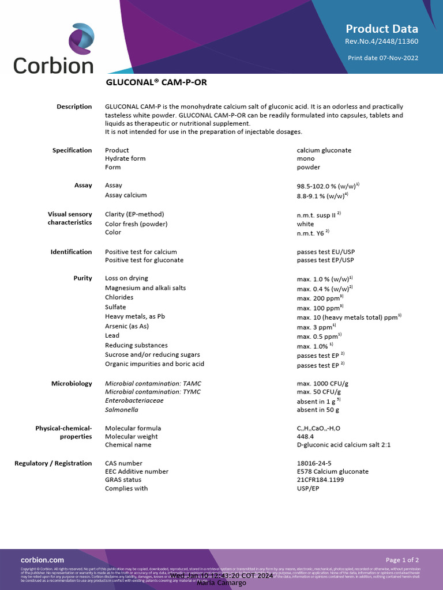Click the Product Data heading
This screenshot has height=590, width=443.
click(x=382, y=29)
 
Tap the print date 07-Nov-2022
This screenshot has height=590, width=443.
click(x=383, y=58)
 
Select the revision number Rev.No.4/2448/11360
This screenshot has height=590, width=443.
click(x=381, y=41)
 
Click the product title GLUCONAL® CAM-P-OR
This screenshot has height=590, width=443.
click(x=156, y=82)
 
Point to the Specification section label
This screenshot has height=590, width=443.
click(x=72, y=150)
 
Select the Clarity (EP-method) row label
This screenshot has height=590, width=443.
click(x=134, y=214)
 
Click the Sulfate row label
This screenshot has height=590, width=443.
click(x=115, y=307)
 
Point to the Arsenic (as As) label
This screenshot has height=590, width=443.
click(x=127, y=326)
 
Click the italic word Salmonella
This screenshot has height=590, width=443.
click(x=122, y=410)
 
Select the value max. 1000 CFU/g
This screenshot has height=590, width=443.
click(x=322, y=383)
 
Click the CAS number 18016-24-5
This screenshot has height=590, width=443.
click(x=314, y=463)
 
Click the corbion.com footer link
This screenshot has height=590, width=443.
click(x=42, y=559)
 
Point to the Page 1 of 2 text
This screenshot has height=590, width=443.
click(x=402, y=559)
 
